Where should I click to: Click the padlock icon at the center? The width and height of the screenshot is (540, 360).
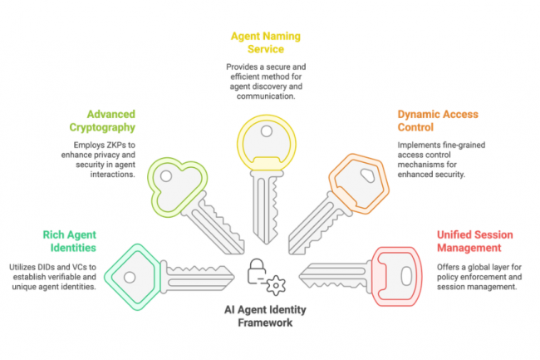point(258,271)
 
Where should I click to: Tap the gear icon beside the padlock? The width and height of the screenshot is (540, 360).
point(275,283)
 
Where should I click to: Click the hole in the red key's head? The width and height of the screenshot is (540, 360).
point(405,272)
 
